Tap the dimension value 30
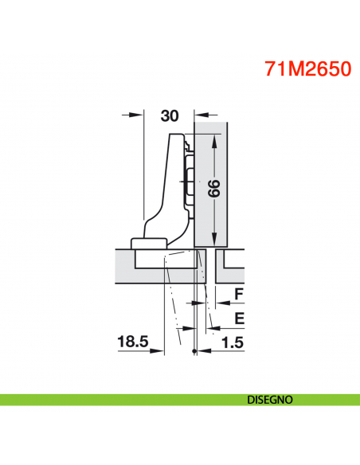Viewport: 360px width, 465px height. [169, 115]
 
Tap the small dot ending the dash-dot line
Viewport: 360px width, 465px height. [194, 353]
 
